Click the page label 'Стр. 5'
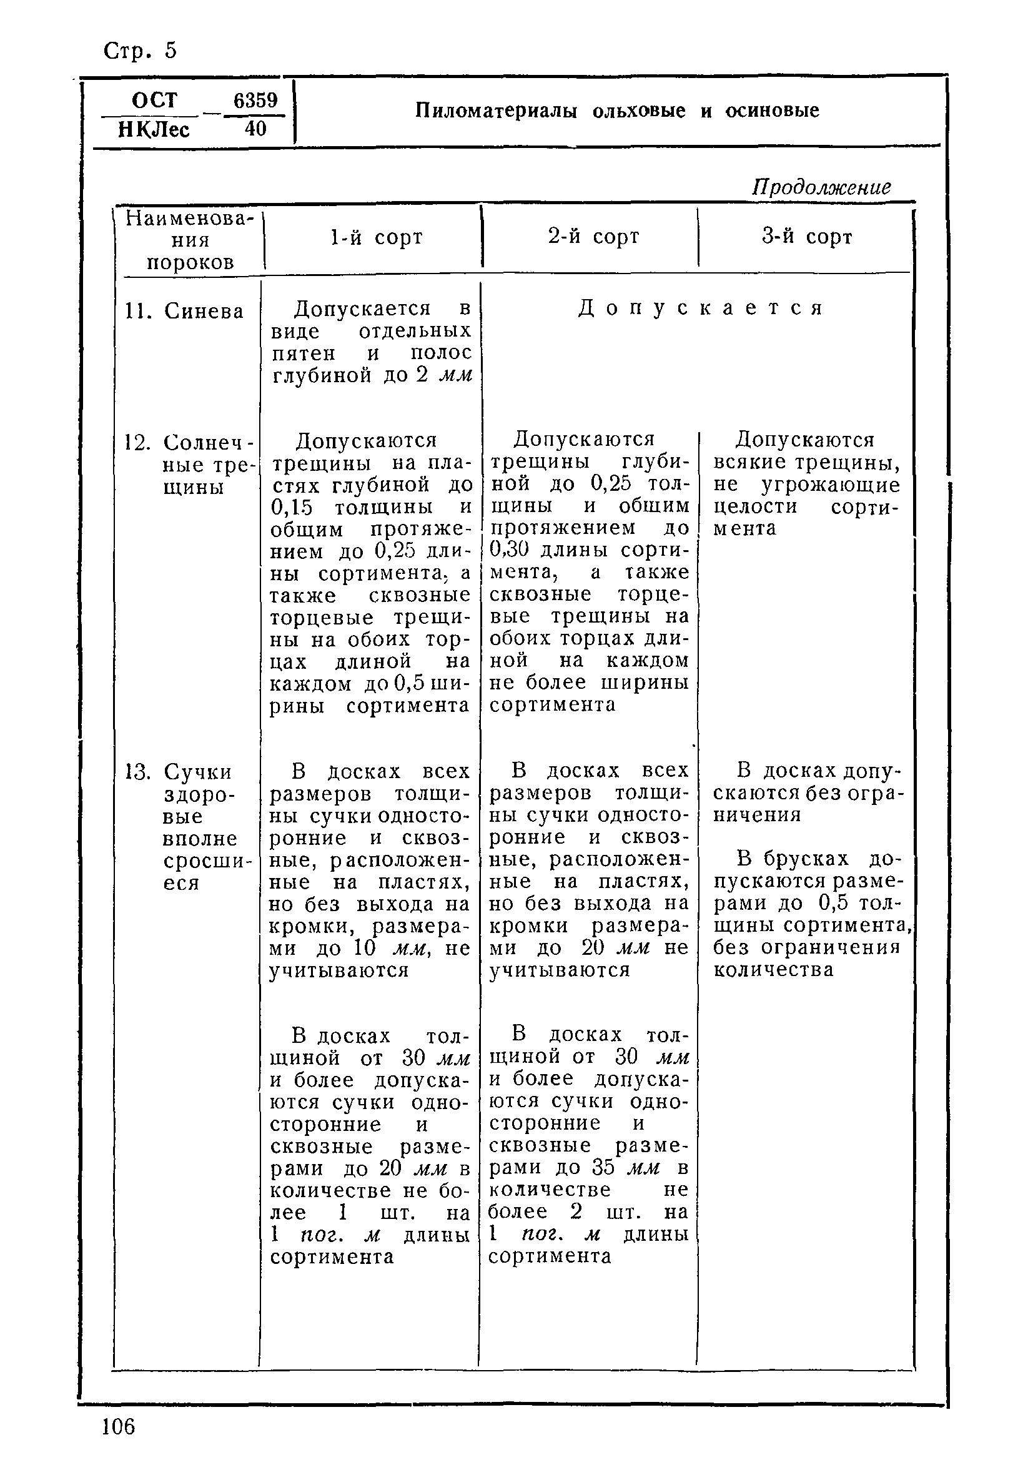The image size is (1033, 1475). pos(139,51)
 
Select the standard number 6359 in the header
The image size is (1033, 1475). pos(255,100)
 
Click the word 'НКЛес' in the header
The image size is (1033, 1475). pos(154,130)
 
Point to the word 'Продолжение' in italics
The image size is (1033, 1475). pos(821,187)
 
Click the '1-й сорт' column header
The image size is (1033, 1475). pos(376,238)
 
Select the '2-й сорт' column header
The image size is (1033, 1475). pos(593,237)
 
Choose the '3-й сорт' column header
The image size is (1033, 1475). pos(807,237)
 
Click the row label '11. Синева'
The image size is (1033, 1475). pos(184,312)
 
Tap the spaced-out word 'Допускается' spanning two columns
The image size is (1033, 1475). pos(700,308)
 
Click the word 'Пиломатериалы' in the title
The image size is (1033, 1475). pos(496,111)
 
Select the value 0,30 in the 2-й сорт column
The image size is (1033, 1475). pos(509,550)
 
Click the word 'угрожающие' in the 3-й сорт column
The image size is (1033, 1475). pos(831,485)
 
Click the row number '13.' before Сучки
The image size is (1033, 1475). pos(137,772)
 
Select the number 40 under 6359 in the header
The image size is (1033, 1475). pos(255,129)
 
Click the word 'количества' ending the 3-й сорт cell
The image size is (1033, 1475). pos(773,969)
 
